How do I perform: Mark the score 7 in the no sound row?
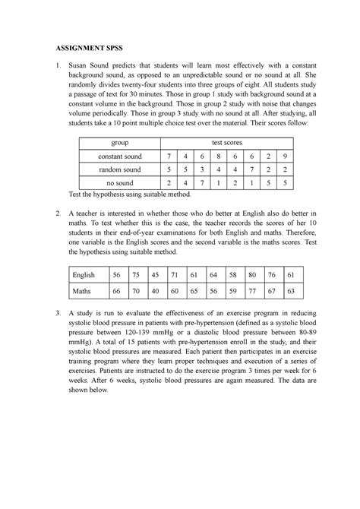coord(201,183)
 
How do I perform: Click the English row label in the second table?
coord(83,274)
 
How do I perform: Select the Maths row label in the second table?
coord(81,291)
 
